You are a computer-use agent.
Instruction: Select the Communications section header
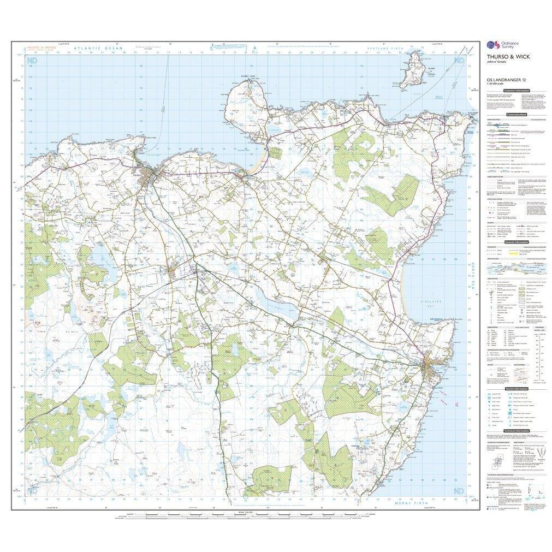click(517, 115)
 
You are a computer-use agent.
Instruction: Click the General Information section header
click(517, 241)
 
